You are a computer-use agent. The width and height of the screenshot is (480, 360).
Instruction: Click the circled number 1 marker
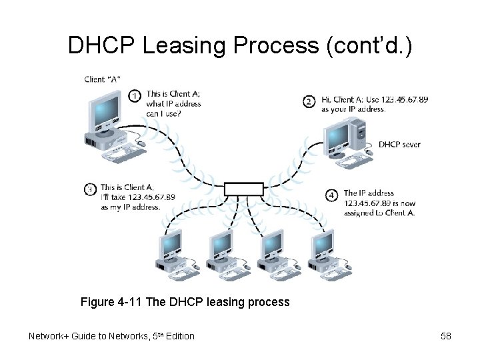tap(134, 97)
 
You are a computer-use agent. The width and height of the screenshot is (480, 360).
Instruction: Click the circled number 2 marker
tap(309, 101)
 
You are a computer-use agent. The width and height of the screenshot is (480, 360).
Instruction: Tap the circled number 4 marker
tap(332, 195)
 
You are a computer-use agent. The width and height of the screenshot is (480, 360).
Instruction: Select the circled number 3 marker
tap(90, 189)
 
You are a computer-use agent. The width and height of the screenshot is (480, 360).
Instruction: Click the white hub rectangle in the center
tap(244, 189)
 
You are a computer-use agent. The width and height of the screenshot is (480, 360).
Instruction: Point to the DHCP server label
tap(399, 145)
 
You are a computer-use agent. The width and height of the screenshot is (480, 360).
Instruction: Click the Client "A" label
tap(102, 79)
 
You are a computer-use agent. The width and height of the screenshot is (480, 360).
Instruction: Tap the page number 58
tap(446, 336)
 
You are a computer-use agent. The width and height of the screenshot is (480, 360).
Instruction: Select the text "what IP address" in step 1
tap(173, 104)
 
